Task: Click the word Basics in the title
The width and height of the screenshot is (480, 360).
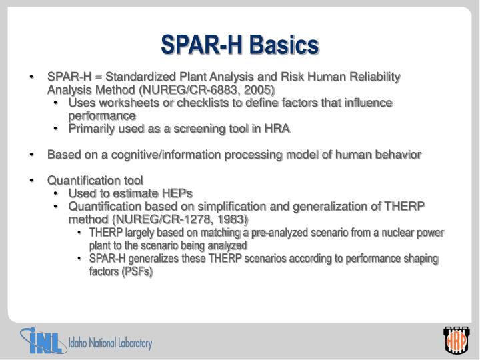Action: (x=283, y=45)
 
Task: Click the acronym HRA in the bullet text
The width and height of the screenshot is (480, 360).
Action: (x=278, y=129)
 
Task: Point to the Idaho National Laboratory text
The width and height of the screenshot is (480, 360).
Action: (x=110, y=344)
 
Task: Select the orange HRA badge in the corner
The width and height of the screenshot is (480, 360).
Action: (x=456, y=343)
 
